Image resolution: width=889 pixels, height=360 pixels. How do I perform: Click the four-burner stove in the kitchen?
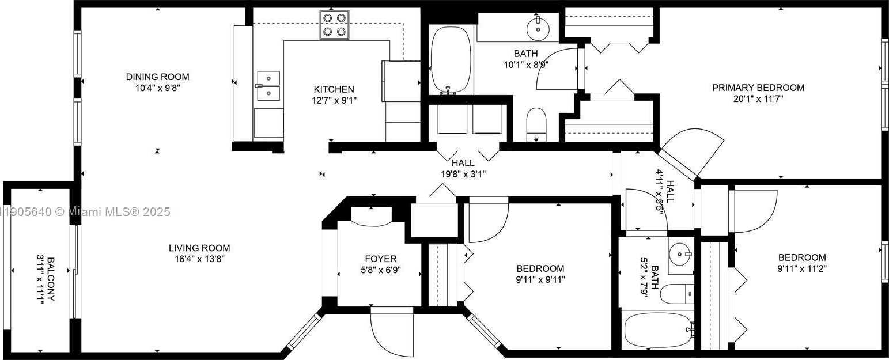pyautogui.click(x=335, y=25)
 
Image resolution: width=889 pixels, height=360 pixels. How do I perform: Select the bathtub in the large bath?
pyautogui.click(x=451, y=59)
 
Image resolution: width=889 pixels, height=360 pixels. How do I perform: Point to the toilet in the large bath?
pyautogui.click(x=536, y=123)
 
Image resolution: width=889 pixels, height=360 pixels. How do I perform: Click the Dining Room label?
pyautogui.click(x=157, y=77)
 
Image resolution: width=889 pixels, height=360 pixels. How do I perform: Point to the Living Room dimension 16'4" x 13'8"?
pyautogui.click(x=199, y=259)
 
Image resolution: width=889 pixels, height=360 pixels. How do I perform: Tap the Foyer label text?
pyautogui.click(x=380, y=259)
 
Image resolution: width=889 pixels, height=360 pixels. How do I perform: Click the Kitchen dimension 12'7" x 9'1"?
pyautogui.click(x=334, y=100)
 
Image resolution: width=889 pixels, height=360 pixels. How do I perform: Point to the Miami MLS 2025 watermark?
pyautogui.click(x=86, y=212)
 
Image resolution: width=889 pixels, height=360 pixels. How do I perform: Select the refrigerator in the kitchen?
pyautogui.click(x=401, y=98)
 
